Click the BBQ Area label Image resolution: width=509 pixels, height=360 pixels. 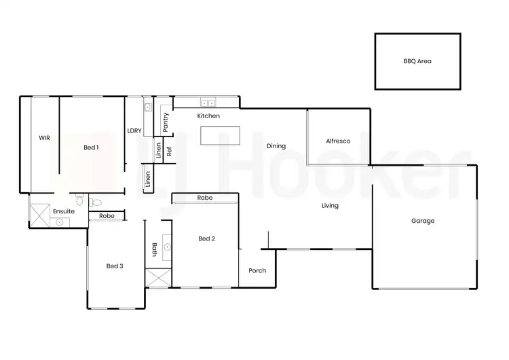[417, 61]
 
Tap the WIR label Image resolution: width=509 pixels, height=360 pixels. [44, 138]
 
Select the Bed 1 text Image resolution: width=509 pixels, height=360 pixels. [92, 147]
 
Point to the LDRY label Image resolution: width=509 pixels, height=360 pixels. [134, 131]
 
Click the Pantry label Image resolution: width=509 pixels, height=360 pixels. [166, 122]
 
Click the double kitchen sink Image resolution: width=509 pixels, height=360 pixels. [208, 103]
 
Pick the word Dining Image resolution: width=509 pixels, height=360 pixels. [276, 146]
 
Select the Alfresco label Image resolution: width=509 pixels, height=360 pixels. [338, 141]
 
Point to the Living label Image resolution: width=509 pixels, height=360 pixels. [330, 206]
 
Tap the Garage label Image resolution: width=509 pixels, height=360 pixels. [423, 221]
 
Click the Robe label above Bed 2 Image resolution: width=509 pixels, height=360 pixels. [205, 198]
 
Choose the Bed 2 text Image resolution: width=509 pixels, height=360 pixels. [207, 238]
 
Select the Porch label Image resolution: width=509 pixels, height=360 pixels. [257, 270]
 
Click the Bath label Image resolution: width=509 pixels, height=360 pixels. [155, 250]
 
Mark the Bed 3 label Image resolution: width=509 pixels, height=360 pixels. [115, 266]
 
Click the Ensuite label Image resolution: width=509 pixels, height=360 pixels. [64, 211]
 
